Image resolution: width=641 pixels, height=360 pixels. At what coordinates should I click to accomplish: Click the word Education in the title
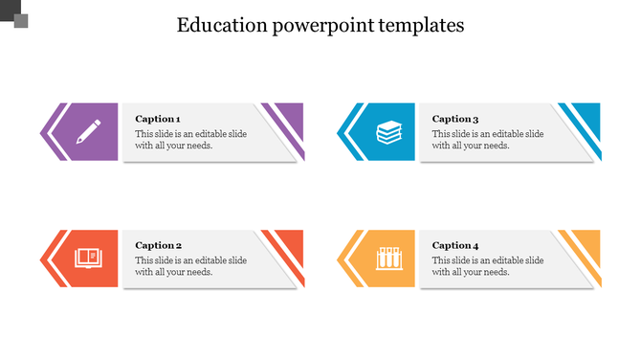[223, 25]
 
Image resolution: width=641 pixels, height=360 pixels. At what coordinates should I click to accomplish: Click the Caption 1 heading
[158, 119]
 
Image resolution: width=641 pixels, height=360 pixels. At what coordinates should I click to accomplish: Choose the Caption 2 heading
[158, 245]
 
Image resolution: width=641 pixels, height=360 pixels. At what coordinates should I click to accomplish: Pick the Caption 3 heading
[455, 119]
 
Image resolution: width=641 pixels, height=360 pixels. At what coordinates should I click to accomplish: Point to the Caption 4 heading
[455, 245]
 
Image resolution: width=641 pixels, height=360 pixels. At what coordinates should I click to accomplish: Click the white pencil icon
[89, 131]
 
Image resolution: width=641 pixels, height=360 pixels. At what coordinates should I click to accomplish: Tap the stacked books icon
[388, 132]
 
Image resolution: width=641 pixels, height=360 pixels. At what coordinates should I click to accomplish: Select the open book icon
[89, 259]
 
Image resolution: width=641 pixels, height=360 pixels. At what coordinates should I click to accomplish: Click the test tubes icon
[388, 259]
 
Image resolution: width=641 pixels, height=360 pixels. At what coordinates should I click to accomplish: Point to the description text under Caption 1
[190, 140]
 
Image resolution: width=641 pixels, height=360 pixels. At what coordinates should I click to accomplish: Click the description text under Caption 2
[190, 266]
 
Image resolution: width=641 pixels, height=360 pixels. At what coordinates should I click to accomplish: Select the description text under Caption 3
[488, 140]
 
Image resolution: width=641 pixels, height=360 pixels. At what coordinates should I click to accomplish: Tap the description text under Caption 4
[488, 266]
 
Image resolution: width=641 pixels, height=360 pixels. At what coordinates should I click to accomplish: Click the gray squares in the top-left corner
[14, 13]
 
